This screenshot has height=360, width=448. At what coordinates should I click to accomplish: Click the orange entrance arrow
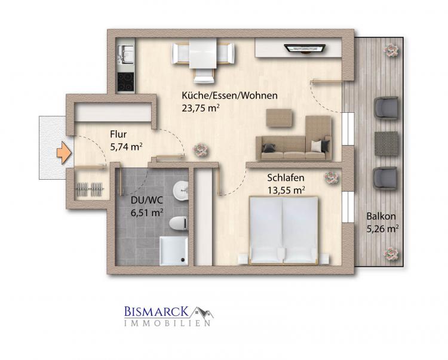64,153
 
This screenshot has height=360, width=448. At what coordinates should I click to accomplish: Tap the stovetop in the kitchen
125,81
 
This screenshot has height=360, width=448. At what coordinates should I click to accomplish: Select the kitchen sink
125,55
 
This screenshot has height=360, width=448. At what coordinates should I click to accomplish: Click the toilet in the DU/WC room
178,223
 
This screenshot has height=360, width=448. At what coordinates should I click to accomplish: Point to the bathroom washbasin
180,189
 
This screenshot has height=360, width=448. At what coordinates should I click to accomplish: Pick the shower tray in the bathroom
173,251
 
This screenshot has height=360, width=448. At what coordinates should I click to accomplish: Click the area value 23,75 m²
201,109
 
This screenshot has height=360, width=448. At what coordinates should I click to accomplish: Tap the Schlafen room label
286,177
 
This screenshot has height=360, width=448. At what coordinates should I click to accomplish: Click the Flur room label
118,134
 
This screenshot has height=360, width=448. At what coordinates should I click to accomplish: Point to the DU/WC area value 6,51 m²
147,213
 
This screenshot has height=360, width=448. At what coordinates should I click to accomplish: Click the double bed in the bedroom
283,230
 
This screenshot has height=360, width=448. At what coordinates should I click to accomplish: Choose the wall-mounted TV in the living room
305,48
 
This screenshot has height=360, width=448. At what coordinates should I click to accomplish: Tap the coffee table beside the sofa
280,118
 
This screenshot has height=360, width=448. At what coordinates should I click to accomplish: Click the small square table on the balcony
386,144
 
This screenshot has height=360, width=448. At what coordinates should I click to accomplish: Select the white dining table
203,54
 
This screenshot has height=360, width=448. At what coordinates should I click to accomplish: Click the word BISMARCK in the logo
157,312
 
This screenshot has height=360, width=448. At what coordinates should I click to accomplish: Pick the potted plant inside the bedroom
332,177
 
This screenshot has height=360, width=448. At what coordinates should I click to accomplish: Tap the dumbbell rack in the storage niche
90,189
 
